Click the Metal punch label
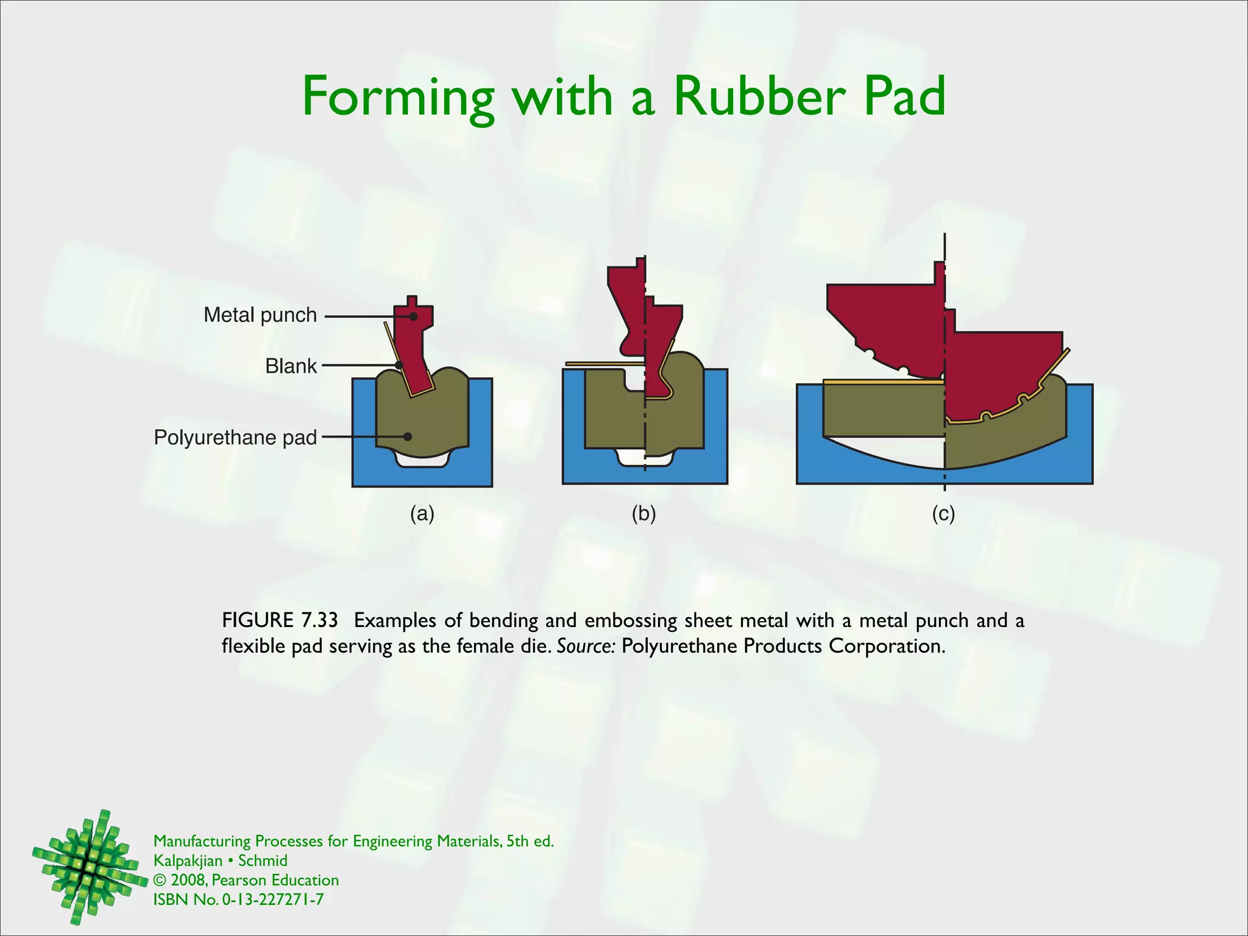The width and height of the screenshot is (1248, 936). (x=260, y=315)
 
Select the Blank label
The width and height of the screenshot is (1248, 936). (x=291, y=366)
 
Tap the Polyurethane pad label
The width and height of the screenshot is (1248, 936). (x=235, y=438)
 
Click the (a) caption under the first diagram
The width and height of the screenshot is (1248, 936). (x=422, y=514)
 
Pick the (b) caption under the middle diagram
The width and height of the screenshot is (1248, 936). (x=643, y=514)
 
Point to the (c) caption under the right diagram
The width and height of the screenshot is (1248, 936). (x=943, y=514)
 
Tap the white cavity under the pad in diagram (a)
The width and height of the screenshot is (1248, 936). (x=422, y=461)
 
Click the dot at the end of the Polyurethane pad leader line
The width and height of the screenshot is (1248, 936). (x=408, y=437)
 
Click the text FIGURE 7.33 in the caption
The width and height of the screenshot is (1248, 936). (x=280, y=620)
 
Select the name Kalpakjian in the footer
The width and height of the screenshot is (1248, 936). (x=188, y=860)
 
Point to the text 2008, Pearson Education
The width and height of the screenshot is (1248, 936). (x=254, y=880)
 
